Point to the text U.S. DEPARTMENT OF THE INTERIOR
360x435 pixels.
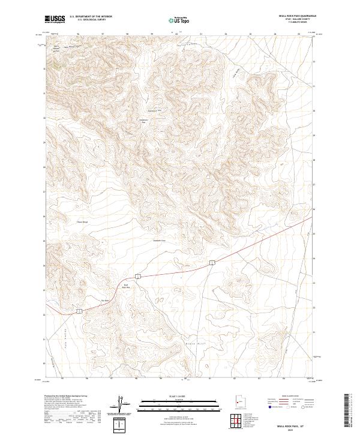tap(91, 17)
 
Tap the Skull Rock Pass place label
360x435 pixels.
tap(126, 286)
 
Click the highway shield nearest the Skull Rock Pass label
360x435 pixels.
tap(137, 276)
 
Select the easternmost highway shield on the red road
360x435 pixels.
tap(212, 263)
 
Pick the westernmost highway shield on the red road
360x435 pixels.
tap(78, 310)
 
